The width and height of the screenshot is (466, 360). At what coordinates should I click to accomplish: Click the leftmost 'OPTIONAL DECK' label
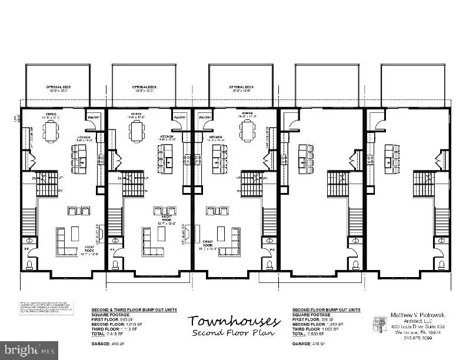(x=59, y=88)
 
